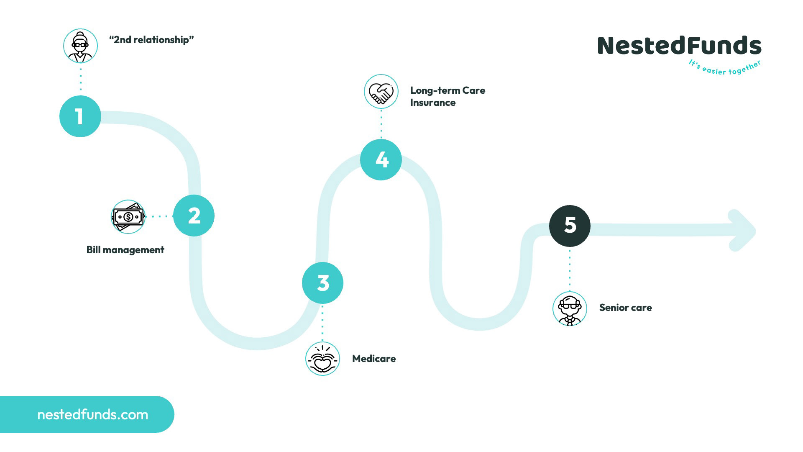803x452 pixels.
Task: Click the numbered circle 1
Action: (x=80, y=116)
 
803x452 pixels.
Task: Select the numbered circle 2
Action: (x=194, y=216)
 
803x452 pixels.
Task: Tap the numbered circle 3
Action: (x=322, y=283)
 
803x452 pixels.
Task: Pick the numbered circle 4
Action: (x=381, y=159)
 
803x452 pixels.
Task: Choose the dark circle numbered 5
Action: (x=570, y=226)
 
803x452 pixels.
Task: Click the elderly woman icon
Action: (x=80, y=46)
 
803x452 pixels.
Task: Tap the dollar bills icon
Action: (x=128, y=216)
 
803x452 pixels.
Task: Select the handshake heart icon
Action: (x=381, y=92)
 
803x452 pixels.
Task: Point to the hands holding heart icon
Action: (x=322, y=359)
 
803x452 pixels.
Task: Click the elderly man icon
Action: (x=570, y=309)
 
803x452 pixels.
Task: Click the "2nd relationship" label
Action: (x=151, y=40)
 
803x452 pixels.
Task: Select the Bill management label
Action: (x=125, y=250)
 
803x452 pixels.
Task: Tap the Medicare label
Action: (x=374, y=359)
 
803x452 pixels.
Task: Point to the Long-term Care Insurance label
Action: (x=448, y=96)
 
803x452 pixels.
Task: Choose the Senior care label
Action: (x=625, y=308)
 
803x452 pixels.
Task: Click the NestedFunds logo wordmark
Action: (x=679, y=46)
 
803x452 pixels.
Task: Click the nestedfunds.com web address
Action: (x=93, y=414)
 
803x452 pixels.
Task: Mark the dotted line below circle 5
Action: (x=570, y=269)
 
